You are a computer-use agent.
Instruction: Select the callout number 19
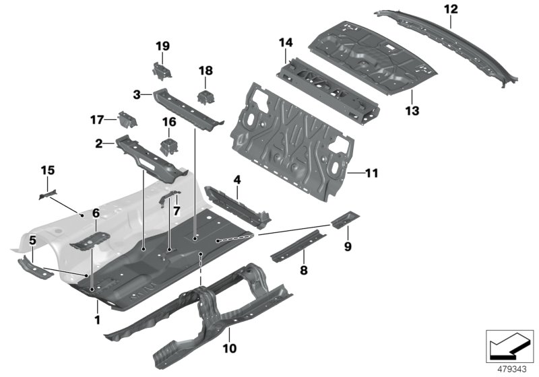click(x=162, y=46)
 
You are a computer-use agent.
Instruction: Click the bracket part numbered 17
click(x=126, y=121)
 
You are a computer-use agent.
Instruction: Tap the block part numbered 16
click(x=167, y=147)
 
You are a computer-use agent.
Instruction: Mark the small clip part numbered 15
click(x=46, y=195)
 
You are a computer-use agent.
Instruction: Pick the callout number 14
click(x=286, y=43)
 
